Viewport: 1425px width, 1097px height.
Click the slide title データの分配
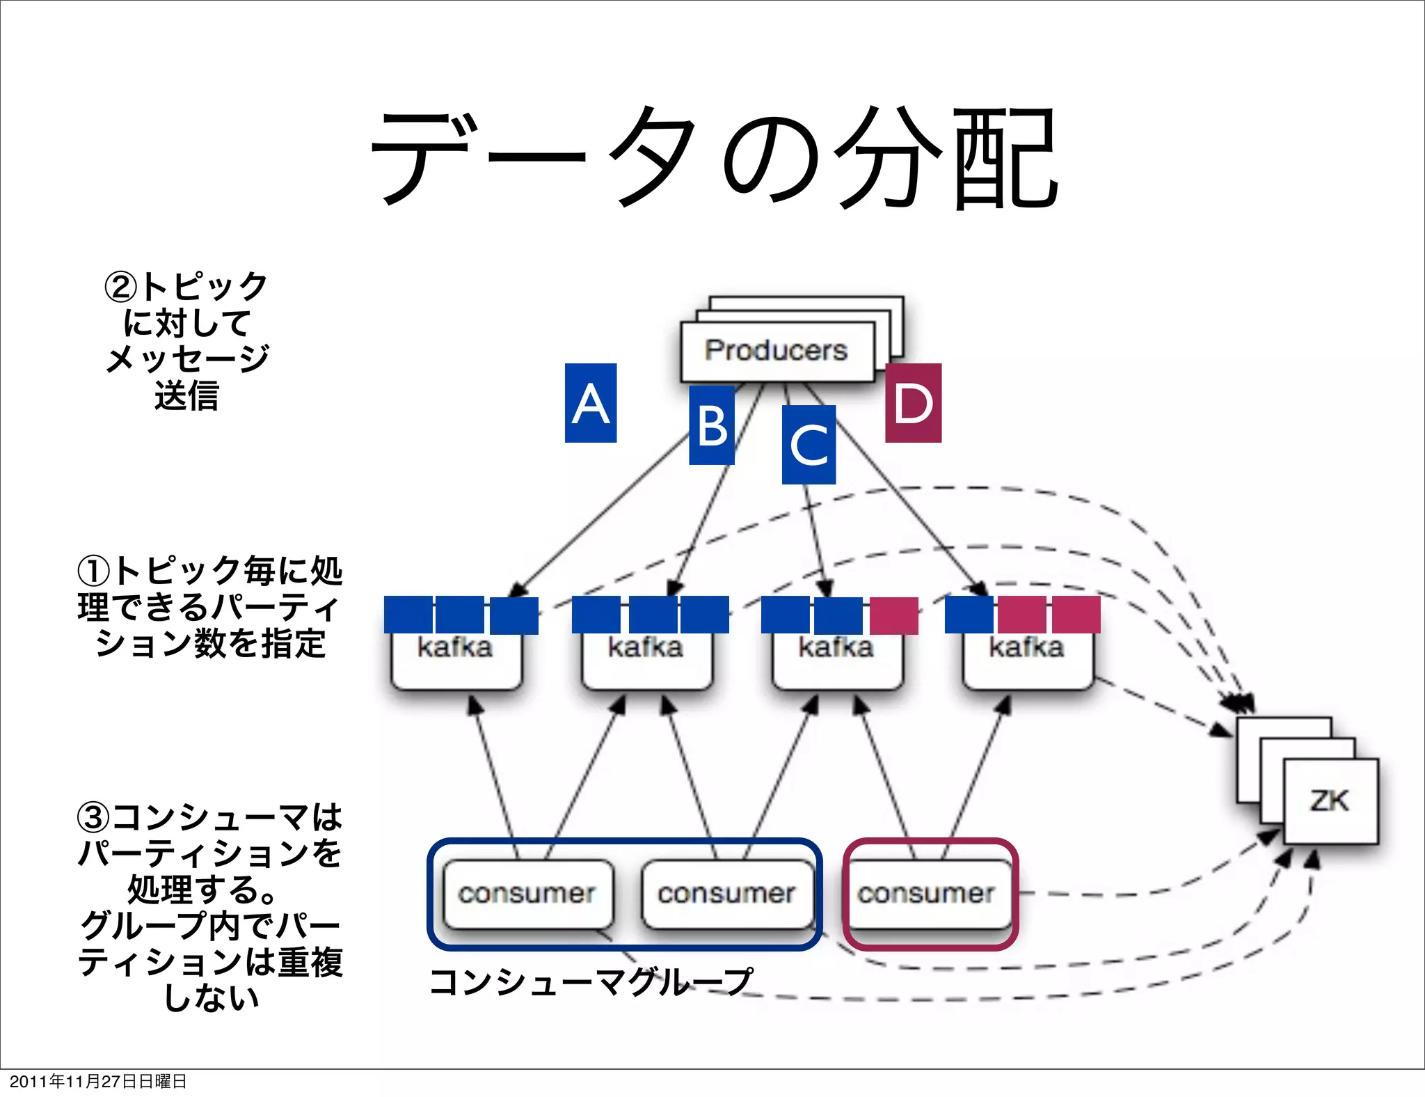[x=714, y=159]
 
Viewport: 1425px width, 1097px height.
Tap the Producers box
[x=777, y=351]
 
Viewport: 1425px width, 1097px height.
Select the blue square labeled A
[x=590, y=403]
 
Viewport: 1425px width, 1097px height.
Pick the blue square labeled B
[x=711, y=425]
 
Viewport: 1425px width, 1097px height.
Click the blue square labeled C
[x=809, y=445]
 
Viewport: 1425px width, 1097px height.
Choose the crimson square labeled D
[x=913, y=403]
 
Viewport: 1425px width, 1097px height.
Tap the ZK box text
[x=1330, y=800]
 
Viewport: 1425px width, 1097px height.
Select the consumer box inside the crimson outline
[x=926, y=894]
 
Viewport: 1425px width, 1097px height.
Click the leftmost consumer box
[x=527, y=894]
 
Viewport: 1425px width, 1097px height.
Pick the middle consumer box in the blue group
[x=726, y=894]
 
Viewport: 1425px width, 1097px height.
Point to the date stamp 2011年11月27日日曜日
[x=98, y=1081]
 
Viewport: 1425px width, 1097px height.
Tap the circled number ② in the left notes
[x=120, y=287]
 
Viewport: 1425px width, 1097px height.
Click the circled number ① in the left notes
[x=93, y=571]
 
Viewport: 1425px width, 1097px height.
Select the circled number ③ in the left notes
[x=93, y=817]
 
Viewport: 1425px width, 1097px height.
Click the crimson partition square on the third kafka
[x=893, y=615]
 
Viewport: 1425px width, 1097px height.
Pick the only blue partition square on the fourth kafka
[x=969, y=615]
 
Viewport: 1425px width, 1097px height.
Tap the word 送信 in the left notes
[x=186, y=395]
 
